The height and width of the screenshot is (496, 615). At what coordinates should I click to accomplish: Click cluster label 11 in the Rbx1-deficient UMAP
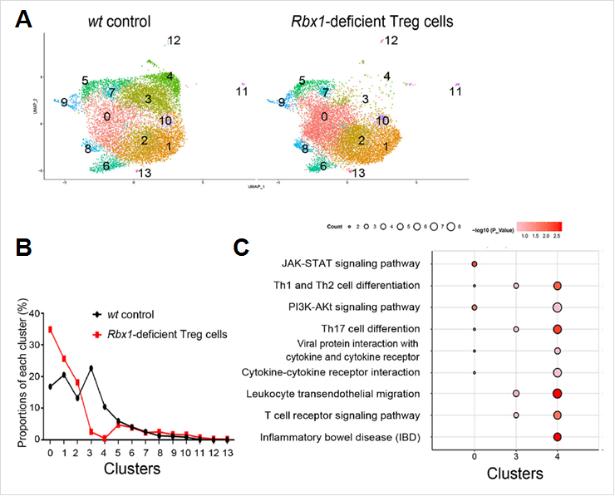[x=455, y=91]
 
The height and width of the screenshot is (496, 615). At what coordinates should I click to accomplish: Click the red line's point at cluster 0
[x=51, y=329]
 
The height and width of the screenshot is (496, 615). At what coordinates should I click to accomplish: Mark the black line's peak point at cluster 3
[x=91, y=368]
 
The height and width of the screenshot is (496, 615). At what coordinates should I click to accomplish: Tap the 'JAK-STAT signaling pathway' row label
[x=350, y=264]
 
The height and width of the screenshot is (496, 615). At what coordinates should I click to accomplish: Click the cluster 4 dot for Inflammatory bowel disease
[x=558, y=436]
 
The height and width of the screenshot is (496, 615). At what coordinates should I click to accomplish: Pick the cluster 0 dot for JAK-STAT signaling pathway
[x=474, y=264]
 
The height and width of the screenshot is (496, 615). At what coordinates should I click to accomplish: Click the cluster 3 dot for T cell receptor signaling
[x=516, y=415]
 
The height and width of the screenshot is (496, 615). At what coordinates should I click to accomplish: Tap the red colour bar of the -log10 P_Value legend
[x=540, y=227]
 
